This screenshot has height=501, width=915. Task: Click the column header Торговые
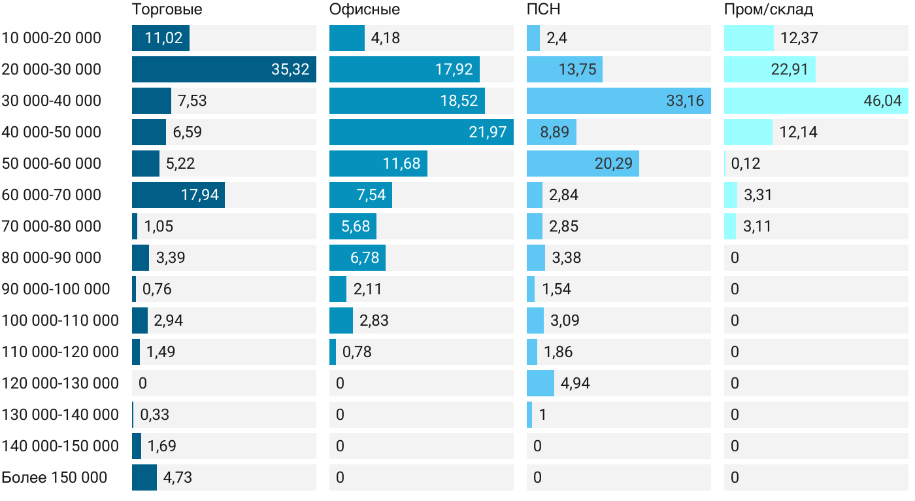click(167, 10)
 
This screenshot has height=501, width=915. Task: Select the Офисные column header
click(365, 10)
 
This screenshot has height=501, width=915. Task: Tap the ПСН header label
click(544, 10)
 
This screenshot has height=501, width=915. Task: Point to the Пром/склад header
click(769, 10)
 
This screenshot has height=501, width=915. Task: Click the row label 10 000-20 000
click(52, 38)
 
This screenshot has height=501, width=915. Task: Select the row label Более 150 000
click(54, 477)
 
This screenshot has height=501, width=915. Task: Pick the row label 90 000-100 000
click(56, 289)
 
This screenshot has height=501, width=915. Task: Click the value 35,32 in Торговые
click(290, 69)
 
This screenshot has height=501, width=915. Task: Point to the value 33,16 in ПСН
click(685, 101)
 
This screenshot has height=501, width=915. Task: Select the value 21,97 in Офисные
click(488, 132)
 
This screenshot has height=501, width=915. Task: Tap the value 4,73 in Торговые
click(178, 477)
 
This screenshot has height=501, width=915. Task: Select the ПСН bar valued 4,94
click(541, 383)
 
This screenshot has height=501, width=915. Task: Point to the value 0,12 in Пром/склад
click(746, 164)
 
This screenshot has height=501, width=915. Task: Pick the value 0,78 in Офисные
click(357, 352)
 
